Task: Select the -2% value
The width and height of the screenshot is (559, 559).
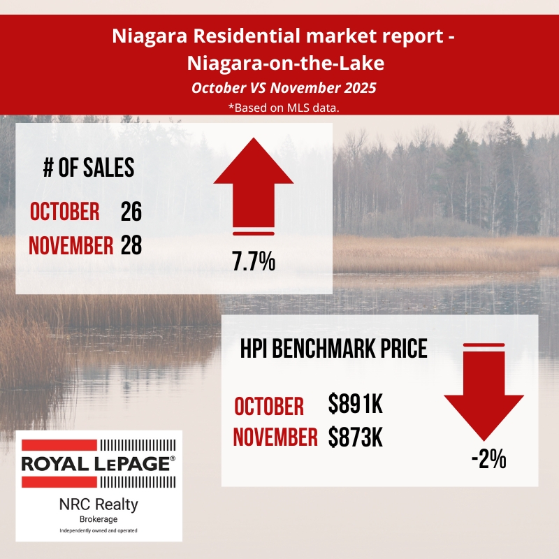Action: tap(488, 460)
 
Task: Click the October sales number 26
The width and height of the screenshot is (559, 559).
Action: tap(131, 211)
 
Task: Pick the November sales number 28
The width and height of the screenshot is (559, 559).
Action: tap(131, 245)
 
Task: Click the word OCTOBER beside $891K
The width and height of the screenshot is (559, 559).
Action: tap(269, 406)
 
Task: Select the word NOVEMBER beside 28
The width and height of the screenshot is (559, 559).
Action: tap(71, 246)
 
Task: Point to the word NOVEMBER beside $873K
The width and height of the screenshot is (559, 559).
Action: tap(275, 437)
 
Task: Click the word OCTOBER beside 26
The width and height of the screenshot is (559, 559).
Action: tap(64, 212)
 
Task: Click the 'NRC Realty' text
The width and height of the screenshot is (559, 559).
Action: tap(98, 504)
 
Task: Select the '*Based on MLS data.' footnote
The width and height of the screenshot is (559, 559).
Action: tap(279, 107)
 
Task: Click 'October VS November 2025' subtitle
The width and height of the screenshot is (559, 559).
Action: tap(279, 89)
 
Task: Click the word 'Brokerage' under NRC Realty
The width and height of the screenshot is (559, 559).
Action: tap(98, 520)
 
